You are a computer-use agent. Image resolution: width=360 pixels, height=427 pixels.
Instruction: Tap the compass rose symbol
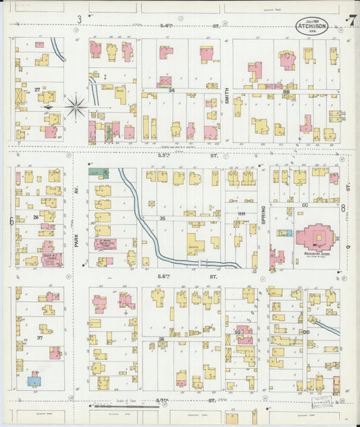coord(76,107)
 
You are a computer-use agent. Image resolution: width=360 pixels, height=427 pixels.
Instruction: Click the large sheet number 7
coord(352,20)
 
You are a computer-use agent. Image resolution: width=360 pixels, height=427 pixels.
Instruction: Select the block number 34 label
coord(172,90)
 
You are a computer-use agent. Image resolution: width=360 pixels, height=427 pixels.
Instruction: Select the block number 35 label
coord(162,218)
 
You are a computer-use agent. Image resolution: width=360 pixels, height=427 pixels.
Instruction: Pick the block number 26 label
coord(35,217)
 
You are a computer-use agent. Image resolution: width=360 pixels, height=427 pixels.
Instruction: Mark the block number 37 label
coord(40,338)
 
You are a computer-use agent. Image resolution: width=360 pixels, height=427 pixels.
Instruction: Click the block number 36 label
coord(161,339)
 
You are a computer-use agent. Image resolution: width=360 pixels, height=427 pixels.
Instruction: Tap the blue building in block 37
coord(33,381)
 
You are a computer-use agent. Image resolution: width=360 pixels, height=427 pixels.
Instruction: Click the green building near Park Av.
coord(99,173)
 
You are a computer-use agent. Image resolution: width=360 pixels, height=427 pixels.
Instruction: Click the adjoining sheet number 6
coord(11,221)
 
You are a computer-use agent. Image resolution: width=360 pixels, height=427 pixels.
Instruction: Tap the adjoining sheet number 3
coord(79,19)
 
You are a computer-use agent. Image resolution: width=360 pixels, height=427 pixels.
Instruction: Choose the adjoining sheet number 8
coord(343,208)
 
